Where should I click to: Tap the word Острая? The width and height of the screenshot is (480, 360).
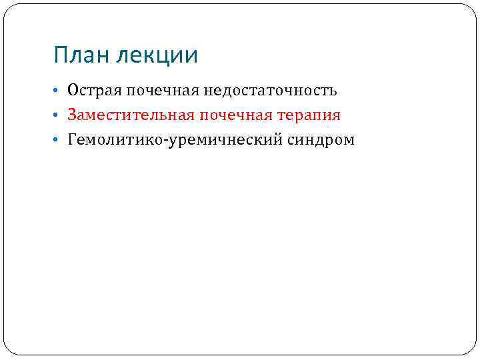pyautogui.click(x=91, y=90)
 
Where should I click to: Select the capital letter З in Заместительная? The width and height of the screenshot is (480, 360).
pyautogui.click(x=71, y=115)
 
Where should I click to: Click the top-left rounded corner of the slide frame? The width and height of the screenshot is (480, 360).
pyautogui.click(x=8, y=9)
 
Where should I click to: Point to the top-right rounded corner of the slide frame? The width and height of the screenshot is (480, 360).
pyautogui.click(x=471, y=9)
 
